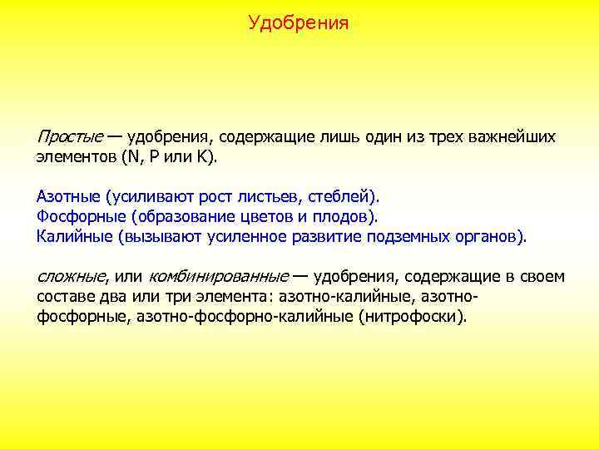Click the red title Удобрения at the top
coord(299,23)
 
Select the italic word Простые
coord(70,136)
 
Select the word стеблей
coord(339,197)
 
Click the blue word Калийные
coord(74,237)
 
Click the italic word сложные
coord(72,277)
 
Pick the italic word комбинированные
coord(219,277)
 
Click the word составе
coord(64,297)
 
